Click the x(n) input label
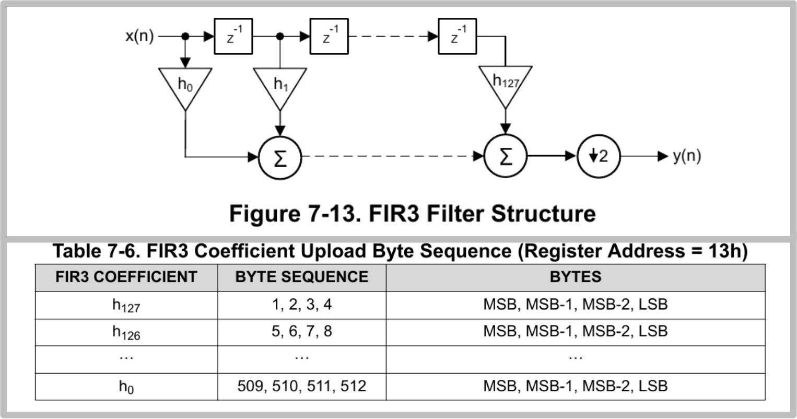[139, 37]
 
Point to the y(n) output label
[687, 156]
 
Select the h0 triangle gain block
[185, 85]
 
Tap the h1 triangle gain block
[280, 85]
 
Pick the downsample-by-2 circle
[599, 156]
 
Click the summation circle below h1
[280, 157]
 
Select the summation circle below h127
[506, 157]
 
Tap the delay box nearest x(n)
[233, 37]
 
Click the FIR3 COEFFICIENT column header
[126, 277]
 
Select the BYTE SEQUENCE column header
[302, 277]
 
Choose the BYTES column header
[575, 277]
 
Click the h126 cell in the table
[126, 332]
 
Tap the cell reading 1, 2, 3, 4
[302, 305]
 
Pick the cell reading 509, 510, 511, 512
[302, 387]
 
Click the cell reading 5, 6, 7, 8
[302, 332]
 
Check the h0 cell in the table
[126, 387]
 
